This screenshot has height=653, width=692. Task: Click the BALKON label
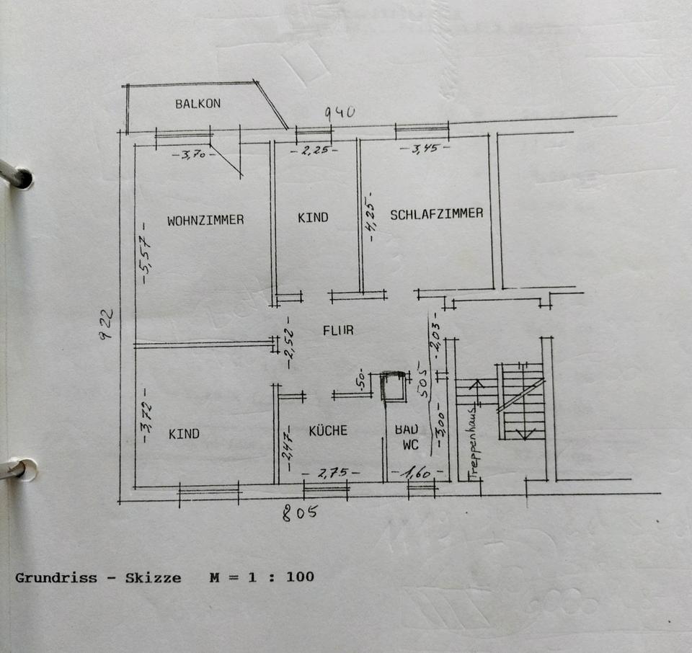pyautogui.click(x=198, y=104)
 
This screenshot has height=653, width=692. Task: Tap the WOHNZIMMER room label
pyautogui.click(x=205, y=220)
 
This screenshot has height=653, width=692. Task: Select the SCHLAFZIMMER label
pyautogui.click(x=436, y=214)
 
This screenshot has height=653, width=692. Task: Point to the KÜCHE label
pyautogui.click(x=328, y=430)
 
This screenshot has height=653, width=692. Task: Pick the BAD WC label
pyautogui.click(x=407, y=437)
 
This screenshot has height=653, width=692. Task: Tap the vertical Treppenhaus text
pyautogui.click(x=473, y=441)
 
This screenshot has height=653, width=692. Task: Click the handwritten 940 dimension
pyautogui.click(x=340, y=113)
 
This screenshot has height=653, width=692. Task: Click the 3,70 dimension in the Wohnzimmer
pyautogui.click(x=194, y=154)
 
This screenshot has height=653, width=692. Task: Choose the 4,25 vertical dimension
pyautogui.click(x=370, y=216)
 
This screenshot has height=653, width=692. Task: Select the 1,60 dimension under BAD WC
pyautogui.click(x=416, y=474)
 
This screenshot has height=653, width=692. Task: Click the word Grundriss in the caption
pyautogui.click(x=56, y=578)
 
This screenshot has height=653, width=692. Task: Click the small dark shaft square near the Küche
pyautogui.click(x=394, y=384)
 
